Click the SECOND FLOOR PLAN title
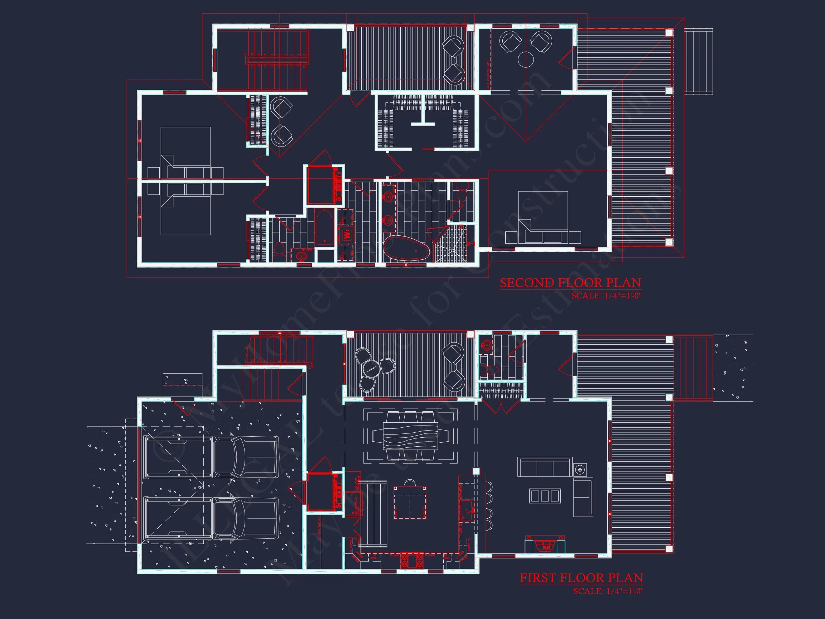[x=570, y=283]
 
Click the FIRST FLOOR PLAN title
[x=581, y=578]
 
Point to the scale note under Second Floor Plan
[x=606, y=296]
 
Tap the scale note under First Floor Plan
[x=608, y=591]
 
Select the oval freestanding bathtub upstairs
[x=406, y=248]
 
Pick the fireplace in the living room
[x=545, y=546]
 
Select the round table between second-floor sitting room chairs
[x=526, y=59]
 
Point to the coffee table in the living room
[x=545, y=495]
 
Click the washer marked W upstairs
[x=347, y=235]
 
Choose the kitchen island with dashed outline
[x=410, y=502]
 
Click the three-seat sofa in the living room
[x=544, y=467]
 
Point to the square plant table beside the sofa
[x=580, y=469]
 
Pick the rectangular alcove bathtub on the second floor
[x=324, y=227]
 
